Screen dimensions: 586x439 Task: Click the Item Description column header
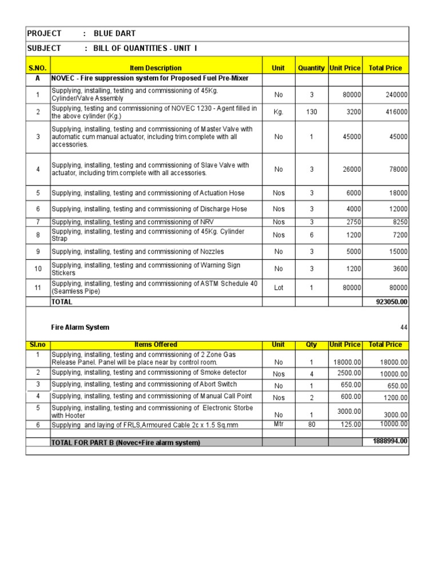155,68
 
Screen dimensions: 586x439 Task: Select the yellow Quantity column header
311,68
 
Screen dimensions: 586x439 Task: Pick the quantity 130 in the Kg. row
311,112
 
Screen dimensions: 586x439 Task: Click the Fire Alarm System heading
80,327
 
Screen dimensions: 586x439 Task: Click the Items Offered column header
155,345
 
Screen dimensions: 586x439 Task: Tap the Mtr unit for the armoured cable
278,424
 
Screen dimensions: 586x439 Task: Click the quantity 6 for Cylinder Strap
311,235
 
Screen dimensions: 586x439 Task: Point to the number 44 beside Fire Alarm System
404,327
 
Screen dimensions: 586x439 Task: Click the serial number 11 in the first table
38,288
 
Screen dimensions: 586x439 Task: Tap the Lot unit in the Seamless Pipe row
278,288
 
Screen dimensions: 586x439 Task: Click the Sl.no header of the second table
38,345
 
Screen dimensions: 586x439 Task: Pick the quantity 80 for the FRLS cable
311,425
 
